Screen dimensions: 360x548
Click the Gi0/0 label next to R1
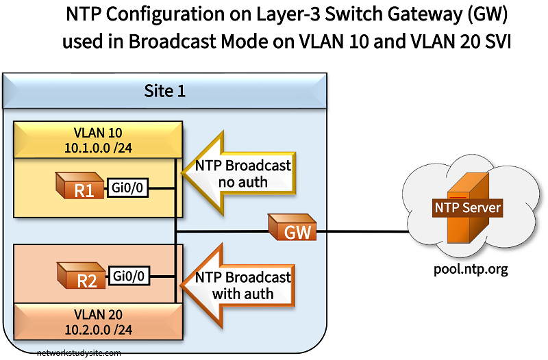[x=129, y=188]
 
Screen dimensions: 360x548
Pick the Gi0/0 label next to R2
[x=129, y=277]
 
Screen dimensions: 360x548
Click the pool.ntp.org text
[x=471, y=269]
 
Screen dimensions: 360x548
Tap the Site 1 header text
[x=164, y=91]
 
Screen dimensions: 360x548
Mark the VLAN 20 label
[x=98, y=315]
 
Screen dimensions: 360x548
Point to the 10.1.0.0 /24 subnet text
[x=98, y=147]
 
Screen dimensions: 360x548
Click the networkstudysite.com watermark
[x=80, y=354]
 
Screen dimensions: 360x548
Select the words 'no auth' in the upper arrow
[x=243, y=182]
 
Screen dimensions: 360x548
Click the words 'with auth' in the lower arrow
[x=243, y=294]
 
